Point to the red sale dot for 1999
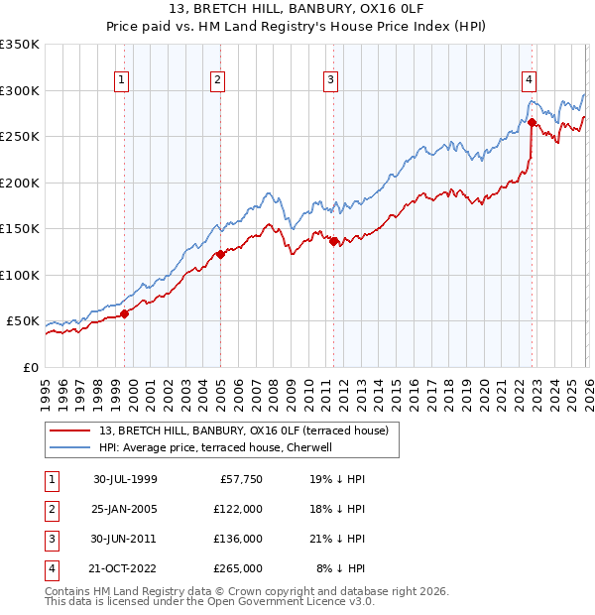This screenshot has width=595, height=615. (x=125, y=314)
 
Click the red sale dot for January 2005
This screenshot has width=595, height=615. (x=220, y=255)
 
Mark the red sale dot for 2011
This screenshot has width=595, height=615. (x=334, y=241)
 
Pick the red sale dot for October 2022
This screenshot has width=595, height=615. (x=533, y=123)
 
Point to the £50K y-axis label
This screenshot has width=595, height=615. (x=23, y=321)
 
